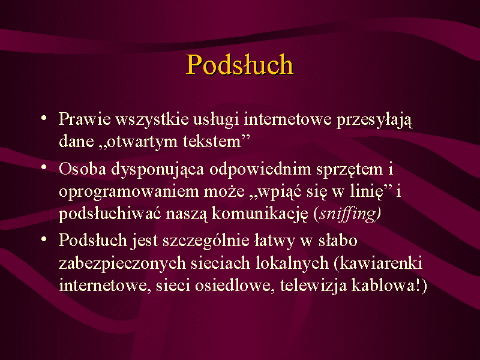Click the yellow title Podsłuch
[x=239, y=64]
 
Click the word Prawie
[x=85, y=118]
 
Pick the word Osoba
[x=82, y=169]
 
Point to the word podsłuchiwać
[x=110, y=214]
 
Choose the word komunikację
[x=260, y=214]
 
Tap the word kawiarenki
[x=381, y=263]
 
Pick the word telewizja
[x=313, y=286]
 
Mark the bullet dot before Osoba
[x=44, y=167]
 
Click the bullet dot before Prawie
[x=44, y=117]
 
